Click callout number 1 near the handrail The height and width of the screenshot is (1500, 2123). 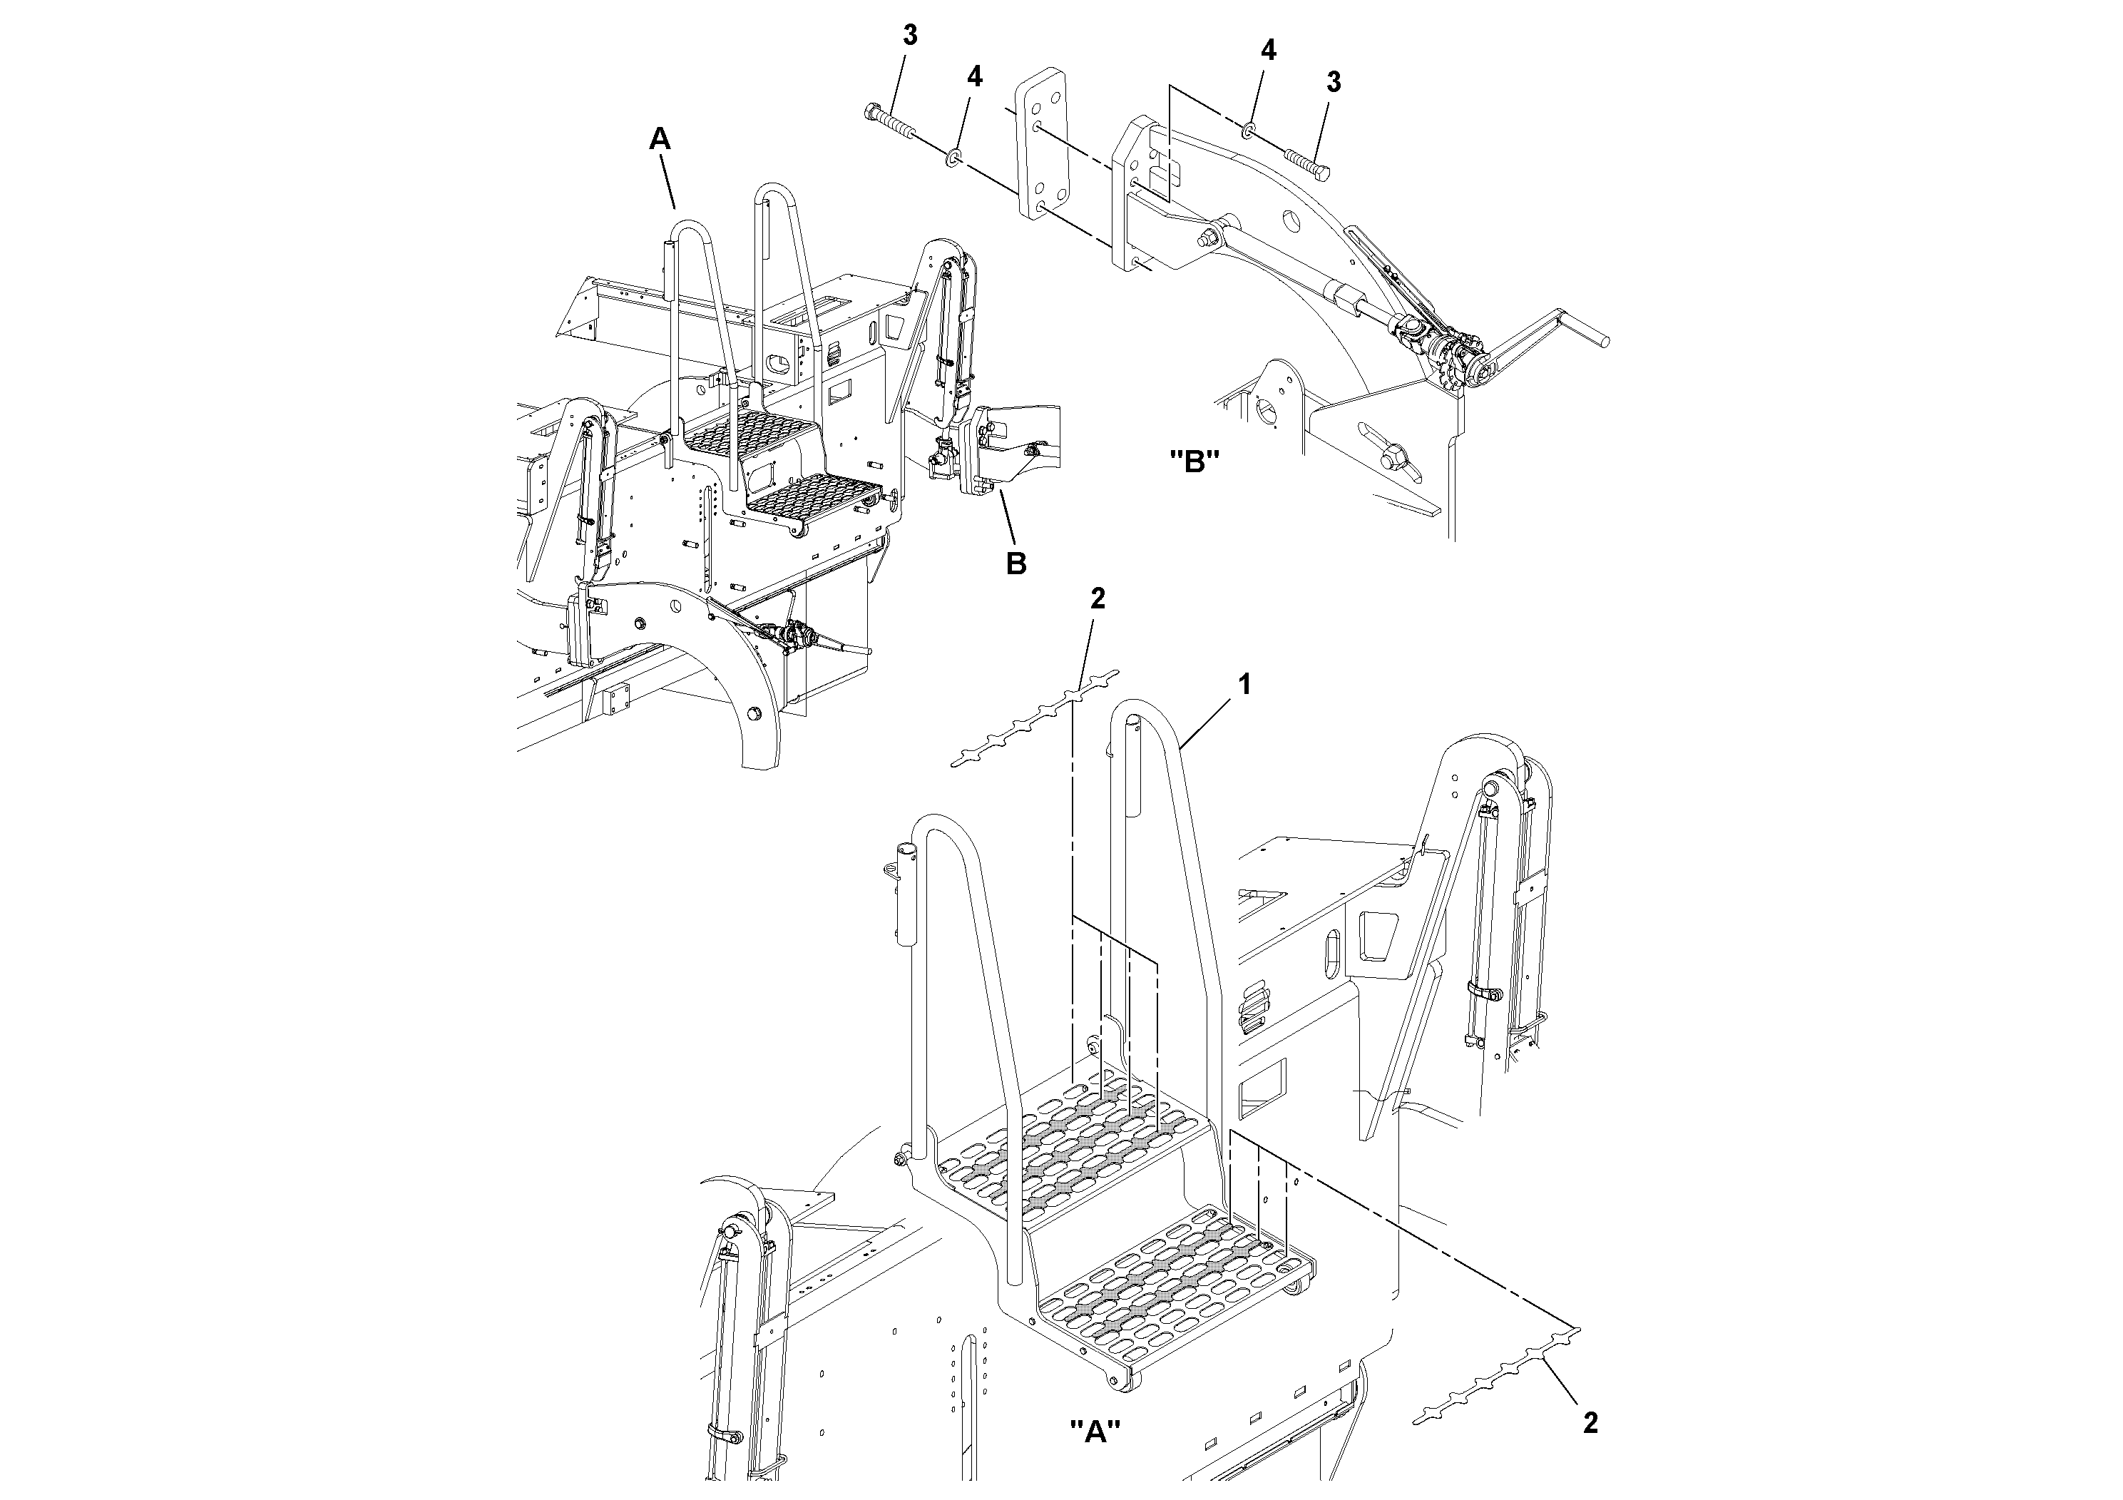pyautogui.click(x=1244, y=685)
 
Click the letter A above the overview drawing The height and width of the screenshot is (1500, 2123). pyautogui.click(x=659, y=140)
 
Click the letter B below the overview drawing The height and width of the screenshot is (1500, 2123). pyautogui.click(x=1016, y=563)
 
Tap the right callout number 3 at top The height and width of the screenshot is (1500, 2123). pyautogui.click(x=1332, y=82)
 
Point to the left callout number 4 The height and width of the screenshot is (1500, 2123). pyautogui.click(x=975, y=77)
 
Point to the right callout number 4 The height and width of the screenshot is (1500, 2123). pyautogui.click(x=1269, y=51)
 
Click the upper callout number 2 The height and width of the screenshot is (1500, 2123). pyautogui.click(x=1098, y=598)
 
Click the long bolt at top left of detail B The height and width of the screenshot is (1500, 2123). pyautogui.click(x=892, y=123)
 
